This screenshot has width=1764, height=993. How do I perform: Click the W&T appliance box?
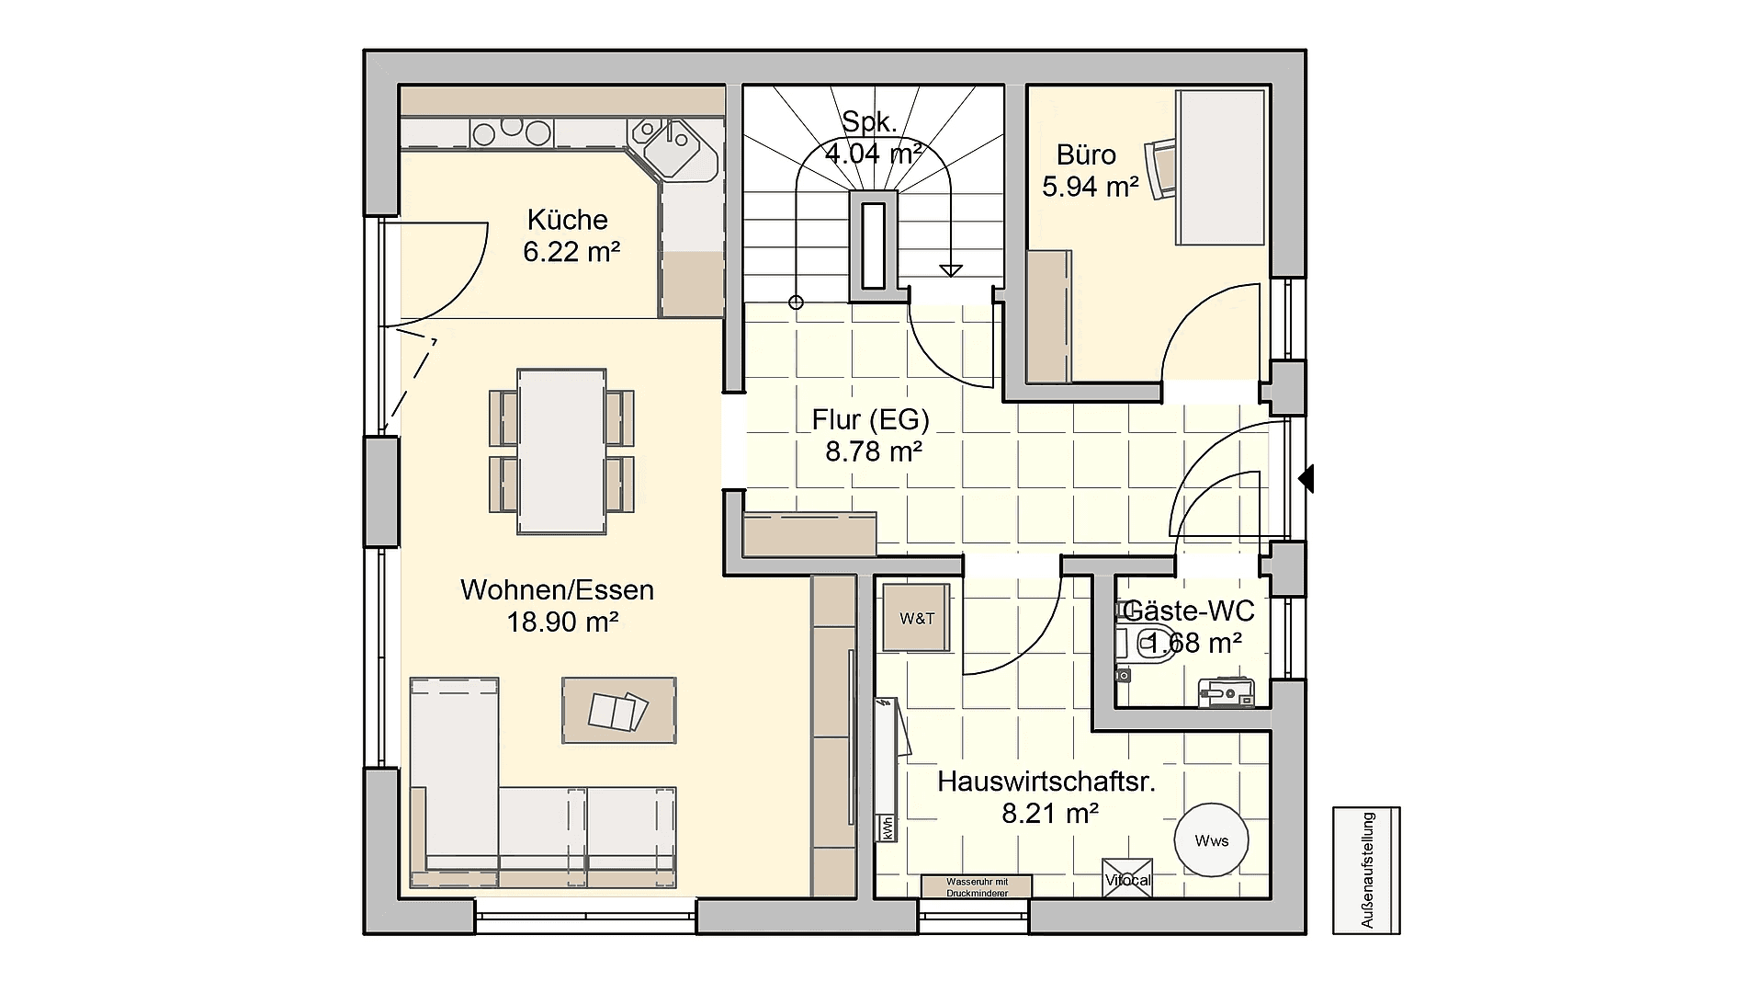pos(916,618)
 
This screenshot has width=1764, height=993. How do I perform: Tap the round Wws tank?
pos(1212,840)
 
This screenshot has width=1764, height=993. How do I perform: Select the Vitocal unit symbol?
pos(1127,878)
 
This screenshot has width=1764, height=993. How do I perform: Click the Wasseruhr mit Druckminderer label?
pos(977,887)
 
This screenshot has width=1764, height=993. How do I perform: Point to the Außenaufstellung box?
pos(1367,870)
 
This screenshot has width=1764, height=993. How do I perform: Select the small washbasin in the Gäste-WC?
pos(1227,693)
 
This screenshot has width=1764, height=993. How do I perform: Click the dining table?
pos(561,451)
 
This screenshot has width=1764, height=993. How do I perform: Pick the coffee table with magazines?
pos(619,710)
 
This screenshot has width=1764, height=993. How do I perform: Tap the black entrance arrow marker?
pos(1306,478)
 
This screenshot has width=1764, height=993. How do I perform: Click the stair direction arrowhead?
pos(951,270)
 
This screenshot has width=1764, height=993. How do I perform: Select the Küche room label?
pos(567,220)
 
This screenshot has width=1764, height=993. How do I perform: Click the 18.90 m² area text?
pos(562,622)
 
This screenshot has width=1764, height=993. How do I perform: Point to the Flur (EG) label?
pos(870,420)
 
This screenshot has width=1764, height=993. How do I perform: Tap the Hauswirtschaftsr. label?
pos(1046,782)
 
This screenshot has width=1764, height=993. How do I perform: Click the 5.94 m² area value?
pos(1091,187)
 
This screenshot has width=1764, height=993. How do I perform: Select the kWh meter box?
pos(888,827)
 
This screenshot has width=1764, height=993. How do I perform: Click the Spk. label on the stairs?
pos(870,121)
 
